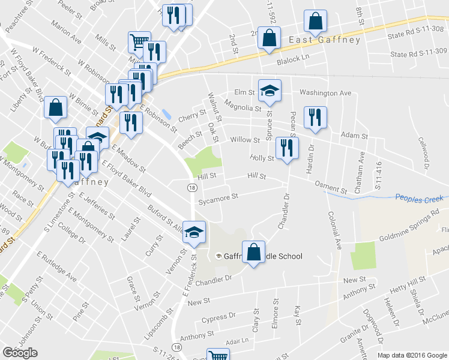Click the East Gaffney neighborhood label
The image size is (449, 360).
pyautogui.click(x=325, y=40)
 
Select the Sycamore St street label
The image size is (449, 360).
pyautogui.click(x=218, y=196)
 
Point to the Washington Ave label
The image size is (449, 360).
pyautogui.click(x=325, y=93)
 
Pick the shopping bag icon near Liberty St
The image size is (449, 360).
pyautogui.click(x=55, y=108)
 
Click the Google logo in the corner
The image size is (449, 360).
pyautogui.click(x=20, y=353)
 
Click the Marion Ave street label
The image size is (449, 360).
pyautogui.click(x=66, y=33)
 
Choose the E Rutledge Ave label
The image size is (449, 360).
pyautogui.click(x=56, y=266)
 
